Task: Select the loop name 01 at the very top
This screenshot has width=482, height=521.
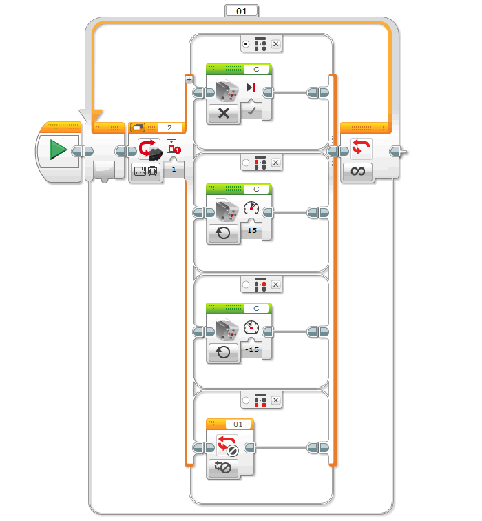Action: pos(241,10)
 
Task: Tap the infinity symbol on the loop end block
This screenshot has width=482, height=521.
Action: pos(358,172)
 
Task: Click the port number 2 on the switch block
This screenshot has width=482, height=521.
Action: pos(169,127)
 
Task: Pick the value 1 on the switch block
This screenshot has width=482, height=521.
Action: pos(174,169)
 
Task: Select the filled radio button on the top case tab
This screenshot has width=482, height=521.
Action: pos(247,44)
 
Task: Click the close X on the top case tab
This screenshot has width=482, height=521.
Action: pos(275,44)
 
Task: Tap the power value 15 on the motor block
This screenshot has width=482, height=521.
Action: pos(252,230)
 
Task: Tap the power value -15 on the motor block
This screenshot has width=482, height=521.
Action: pos(252,349)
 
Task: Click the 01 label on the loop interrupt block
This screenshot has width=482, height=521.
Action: pos(238,424)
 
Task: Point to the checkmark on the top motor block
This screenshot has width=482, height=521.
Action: pos(253,111)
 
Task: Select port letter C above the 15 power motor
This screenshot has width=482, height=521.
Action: pos(256,188)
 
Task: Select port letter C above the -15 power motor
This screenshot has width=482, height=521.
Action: pos(256,307)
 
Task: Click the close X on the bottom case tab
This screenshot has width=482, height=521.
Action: pos(275,400)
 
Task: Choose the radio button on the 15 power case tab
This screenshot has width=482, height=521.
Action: pos(247,163)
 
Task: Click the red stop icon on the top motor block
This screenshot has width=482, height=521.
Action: pos(251,88)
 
